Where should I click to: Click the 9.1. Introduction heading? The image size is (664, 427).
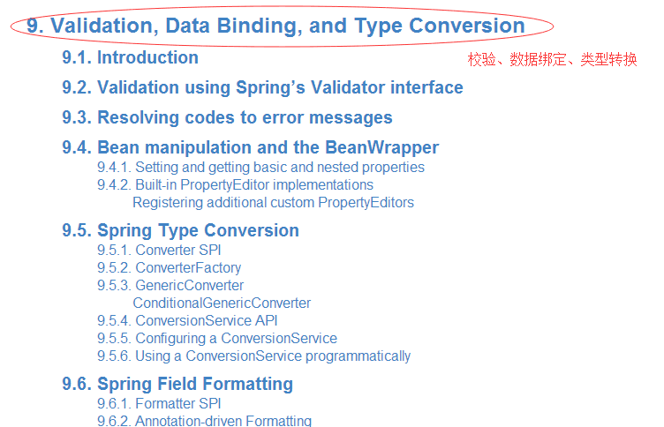tap(130, 57)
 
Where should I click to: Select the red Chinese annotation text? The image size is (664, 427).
tap(552, 59)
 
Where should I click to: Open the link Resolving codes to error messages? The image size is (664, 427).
tap(245, 117)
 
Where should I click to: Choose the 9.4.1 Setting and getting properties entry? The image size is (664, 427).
tap(260, 167)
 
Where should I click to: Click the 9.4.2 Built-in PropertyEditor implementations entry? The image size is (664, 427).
tap(235, 185)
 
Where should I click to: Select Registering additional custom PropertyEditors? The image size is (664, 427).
tap(273, 203)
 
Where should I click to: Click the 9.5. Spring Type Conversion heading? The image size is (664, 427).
tap(180, 230)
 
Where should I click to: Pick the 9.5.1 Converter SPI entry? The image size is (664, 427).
tap(159, 250)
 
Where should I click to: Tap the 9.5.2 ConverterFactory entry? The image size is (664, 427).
tap(169, 268)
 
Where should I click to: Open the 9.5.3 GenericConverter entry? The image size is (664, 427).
tap(170, 286)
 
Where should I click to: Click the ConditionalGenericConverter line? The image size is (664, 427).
tap(222, 303)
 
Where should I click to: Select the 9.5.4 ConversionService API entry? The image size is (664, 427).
tap(187, 321)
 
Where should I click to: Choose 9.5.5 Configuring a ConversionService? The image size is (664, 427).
tap(217, 339)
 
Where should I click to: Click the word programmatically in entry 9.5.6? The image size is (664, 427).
tap(358, 356)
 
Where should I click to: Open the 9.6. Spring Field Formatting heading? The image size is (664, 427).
tap(177, 385)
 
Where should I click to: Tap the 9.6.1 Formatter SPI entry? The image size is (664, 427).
tap(159, 404)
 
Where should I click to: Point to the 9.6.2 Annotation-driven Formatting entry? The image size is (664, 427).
tap(205, 421)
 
